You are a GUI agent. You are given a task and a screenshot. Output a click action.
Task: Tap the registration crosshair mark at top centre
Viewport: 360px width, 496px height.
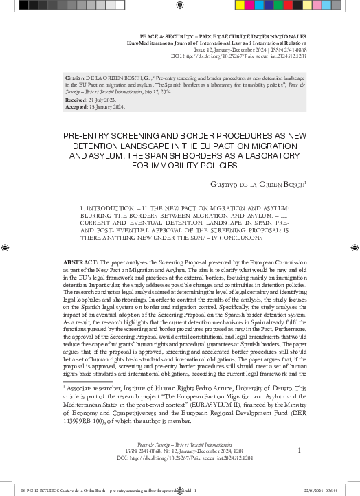tap(180, 5)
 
